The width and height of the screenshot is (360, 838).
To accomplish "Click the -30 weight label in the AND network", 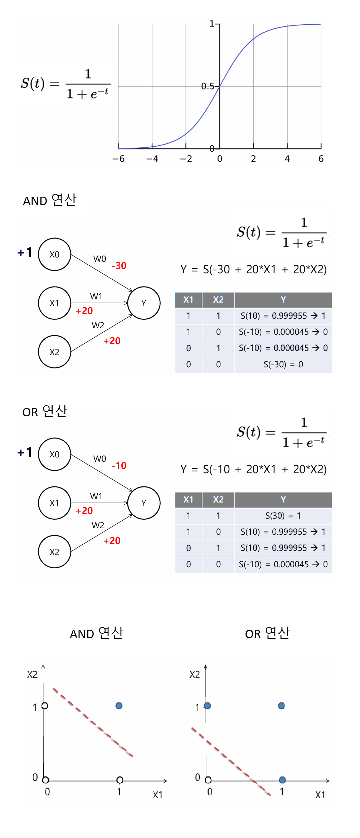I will (x=119, y=266).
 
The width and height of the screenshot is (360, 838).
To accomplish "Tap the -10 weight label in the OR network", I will (x=119, y=466).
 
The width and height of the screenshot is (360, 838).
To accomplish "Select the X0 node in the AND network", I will (x=54, y=254).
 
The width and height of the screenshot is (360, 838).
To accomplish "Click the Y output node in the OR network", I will (x=144, y=503).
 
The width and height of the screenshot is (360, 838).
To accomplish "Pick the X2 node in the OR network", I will (x=54, y=552).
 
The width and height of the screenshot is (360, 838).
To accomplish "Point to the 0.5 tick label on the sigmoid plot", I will (x=208, y=86).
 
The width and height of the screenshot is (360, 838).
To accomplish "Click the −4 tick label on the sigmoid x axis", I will (x=152, y=159).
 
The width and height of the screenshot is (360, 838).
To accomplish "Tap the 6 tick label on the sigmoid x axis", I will (x=321, y=159).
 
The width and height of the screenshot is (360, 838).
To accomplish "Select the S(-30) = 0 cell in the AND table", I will (x=283, y=364).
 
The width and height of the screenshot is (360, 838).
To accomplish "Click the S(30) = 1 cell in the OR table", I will (x=283, y=516).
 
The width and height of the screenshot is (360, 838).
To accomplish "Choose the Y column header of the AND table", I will (x=283, y=300).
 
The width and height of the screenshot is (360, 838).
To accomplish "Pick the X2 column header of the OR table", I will (x=218, y=500).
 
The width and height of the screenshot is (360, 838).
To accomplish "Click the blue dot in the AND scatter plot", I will (x=119, y=706).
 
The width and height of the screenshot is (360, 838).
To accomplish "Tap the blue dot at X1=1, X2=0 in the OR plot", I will (x=282, y=780).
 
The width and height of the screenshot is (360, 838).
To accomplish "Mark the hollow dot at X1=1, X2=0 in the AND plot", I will (x=120, y=780).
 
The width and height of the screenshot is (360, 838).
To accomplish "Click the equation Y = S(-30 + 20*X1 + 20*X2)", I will (x=253, y=269).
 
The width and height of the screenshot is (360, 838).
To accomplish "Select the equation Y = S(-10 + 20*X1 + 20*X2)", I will (x=253, y=469).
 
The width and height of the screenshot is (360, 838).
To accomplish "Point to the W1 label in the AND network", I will (x=96, y=297).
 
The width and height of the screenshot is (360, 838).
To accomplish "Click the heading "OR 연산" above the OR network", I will (x=45, y=412).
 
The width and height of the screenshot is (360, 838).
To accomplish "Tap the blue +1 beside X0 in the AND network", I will (x=25, y=253).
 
